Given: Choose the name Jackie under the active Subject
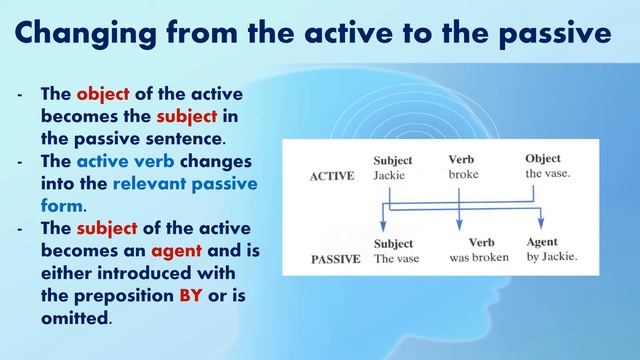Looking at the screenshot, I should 391,175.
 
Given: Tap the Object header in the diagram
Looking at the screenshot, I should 543,159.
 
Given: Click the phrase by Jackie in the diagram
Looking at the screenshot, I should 551,259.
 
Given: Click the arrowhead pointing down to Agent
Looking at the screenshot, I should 541,225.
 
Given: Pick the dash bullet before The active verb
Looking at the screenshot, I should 21,162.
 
